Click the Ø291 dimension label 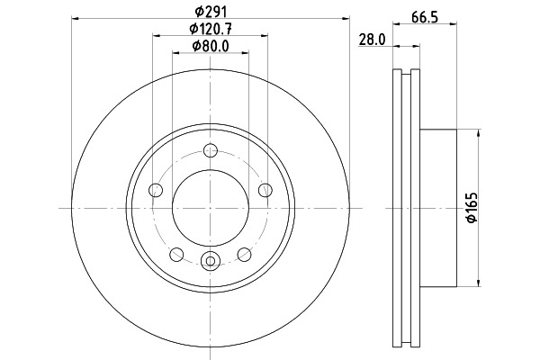coord(211,12)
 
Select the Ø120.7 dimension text coord(211,29)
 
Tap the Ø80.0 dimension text coord(211,46)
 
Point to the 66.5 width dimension coord(425,17)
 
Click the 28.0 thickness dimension coord(373,40)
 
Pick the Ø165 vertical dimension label coord(472,207)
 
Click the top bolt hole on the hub coord(211,150)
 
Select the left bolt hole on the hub coord(156,190)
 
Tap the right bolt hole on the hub coord(265,190)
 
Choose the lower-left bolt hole coord(176,254)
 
